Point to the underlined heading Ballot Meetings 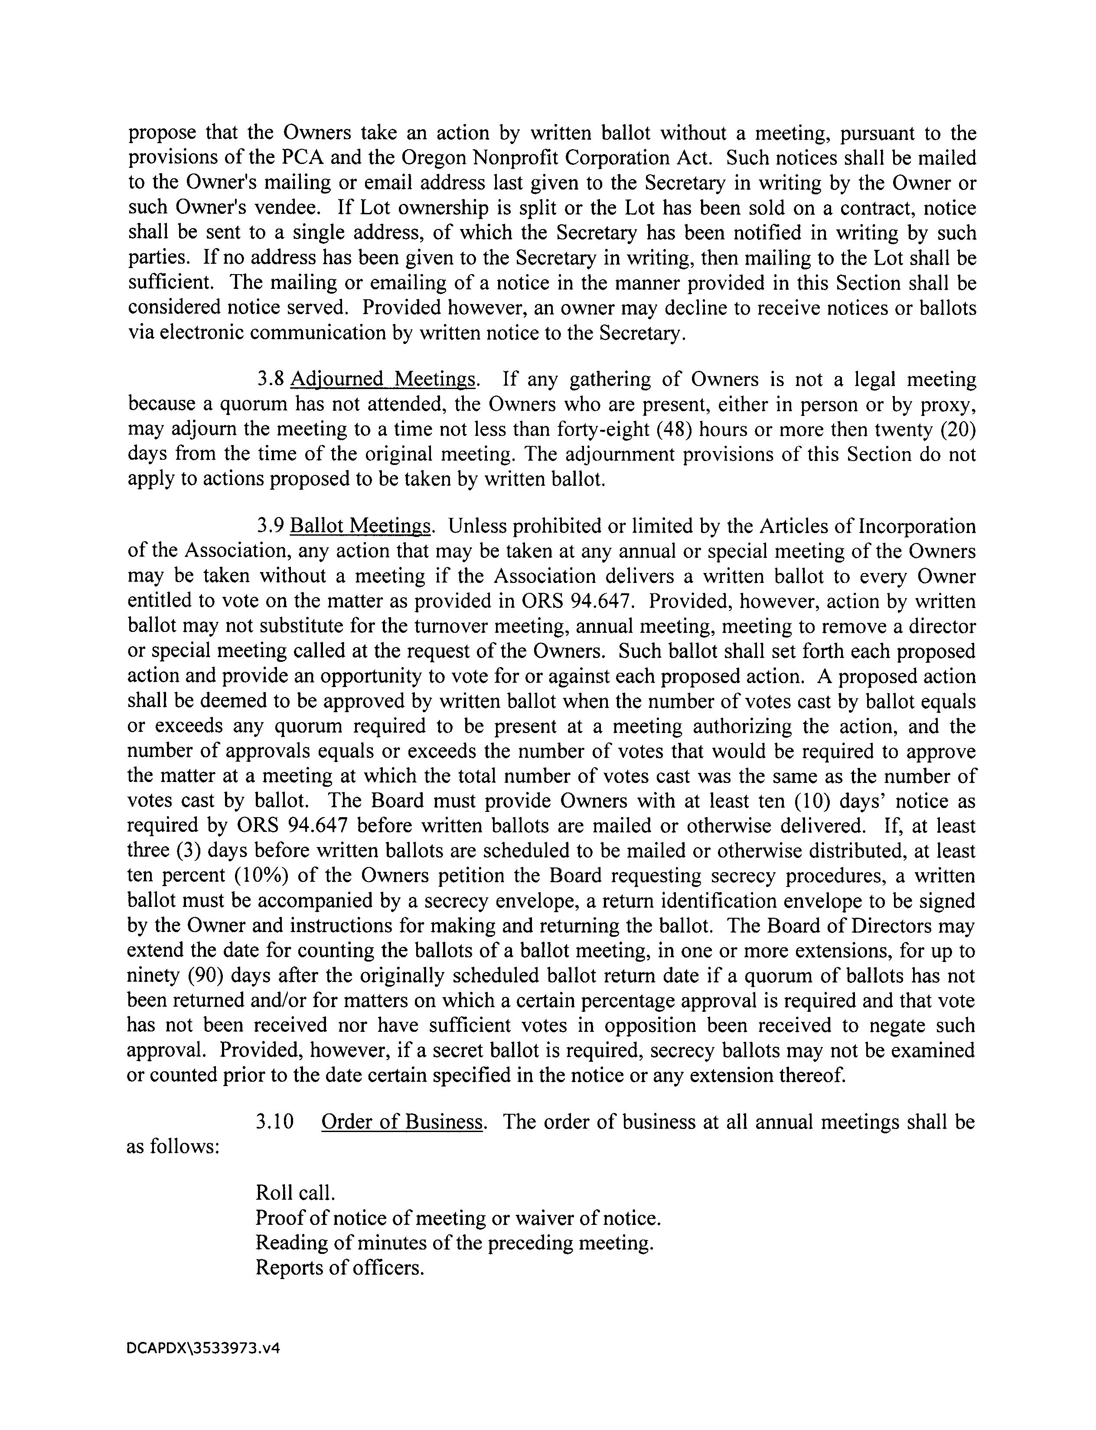point(361,526)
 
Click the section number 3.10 point(274,1122)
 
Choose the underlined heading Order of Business point(402,1122)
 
